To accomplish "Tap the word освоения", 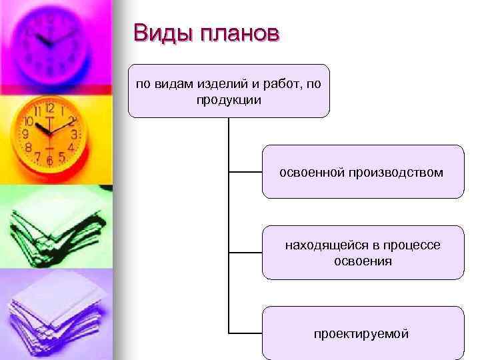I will [363, 261].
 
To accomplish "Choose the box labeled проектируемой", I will [362, 333].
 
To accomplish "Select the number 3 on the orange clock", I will [74, 134].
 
